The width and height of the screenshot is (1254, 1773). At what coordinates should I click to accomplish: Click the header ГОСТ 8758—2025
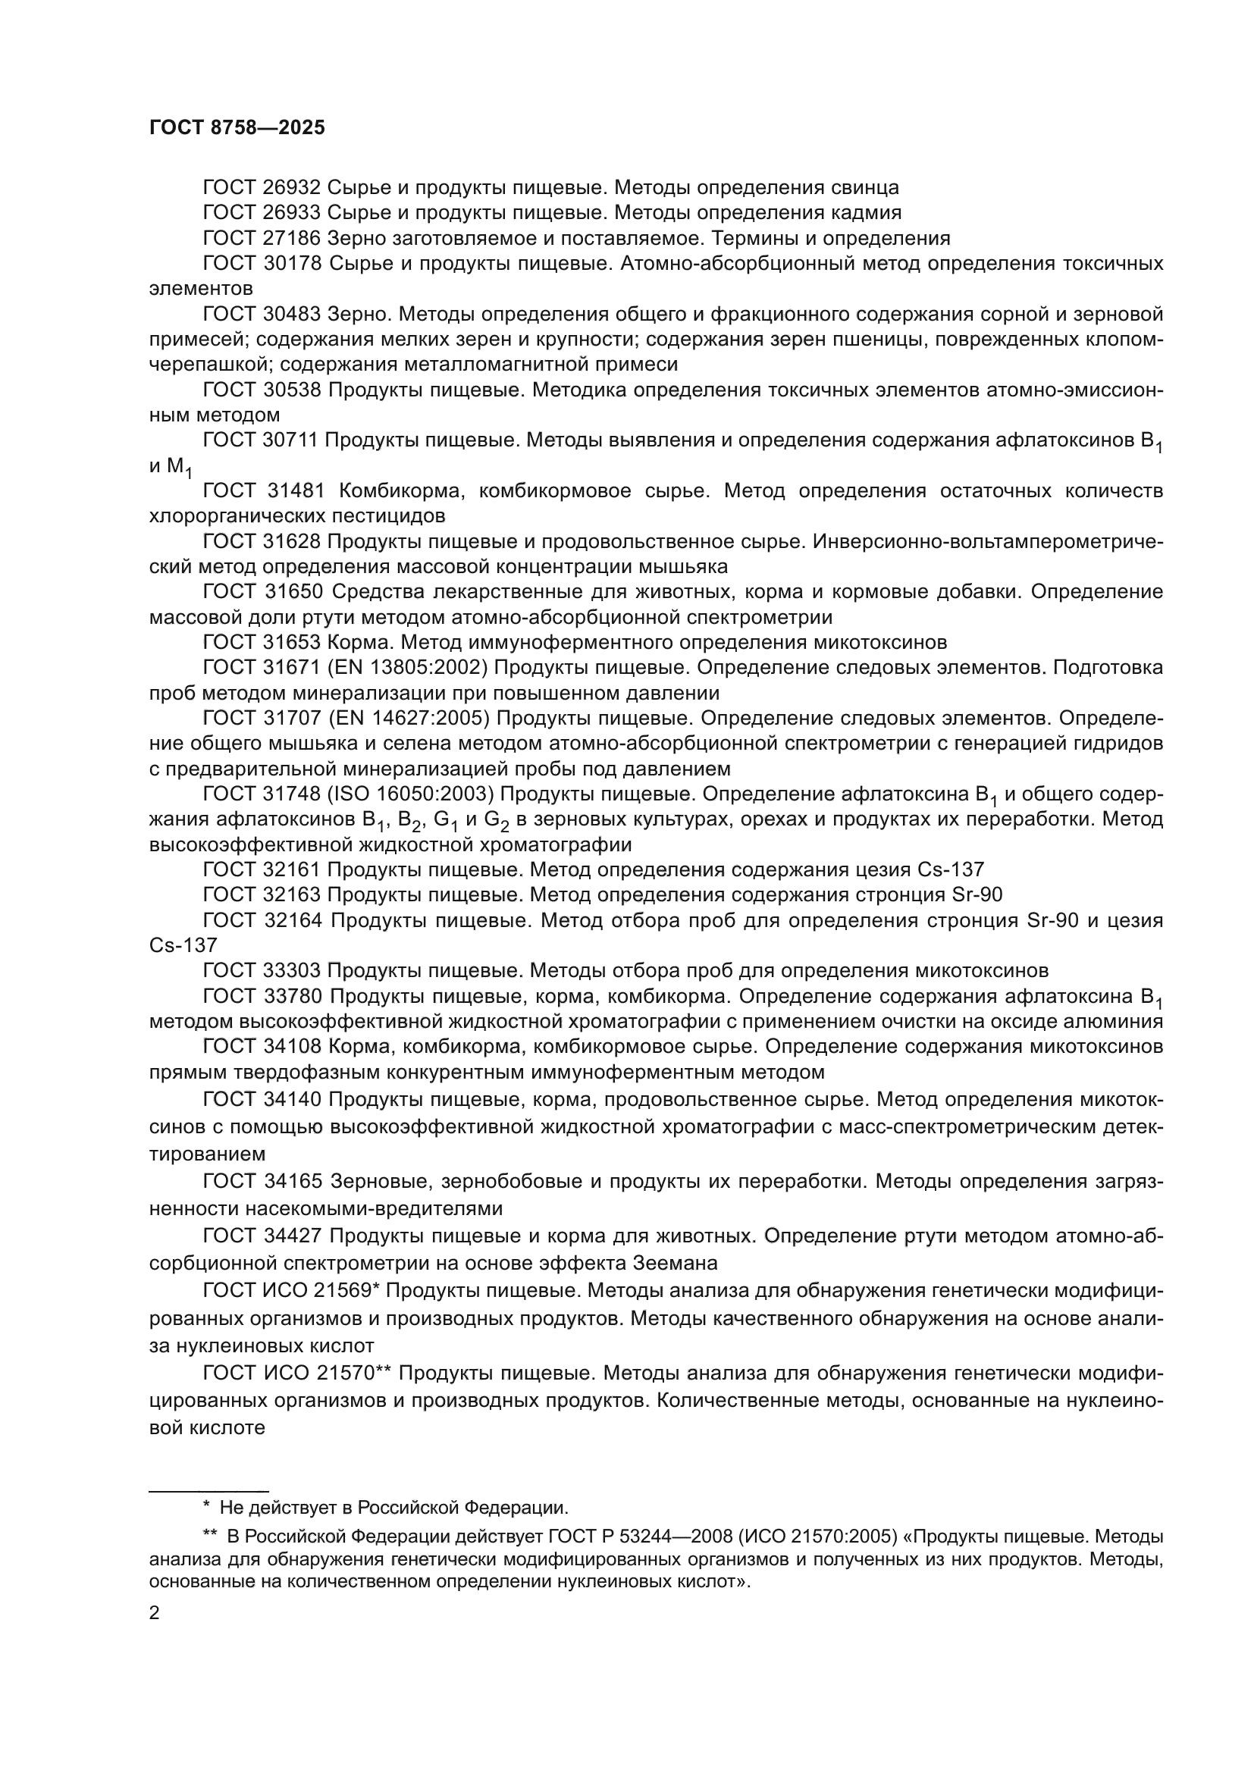point(237,128)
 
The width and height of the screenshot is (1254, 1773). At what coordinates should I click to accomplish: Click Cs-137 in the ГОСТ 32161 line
point(951,870)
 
